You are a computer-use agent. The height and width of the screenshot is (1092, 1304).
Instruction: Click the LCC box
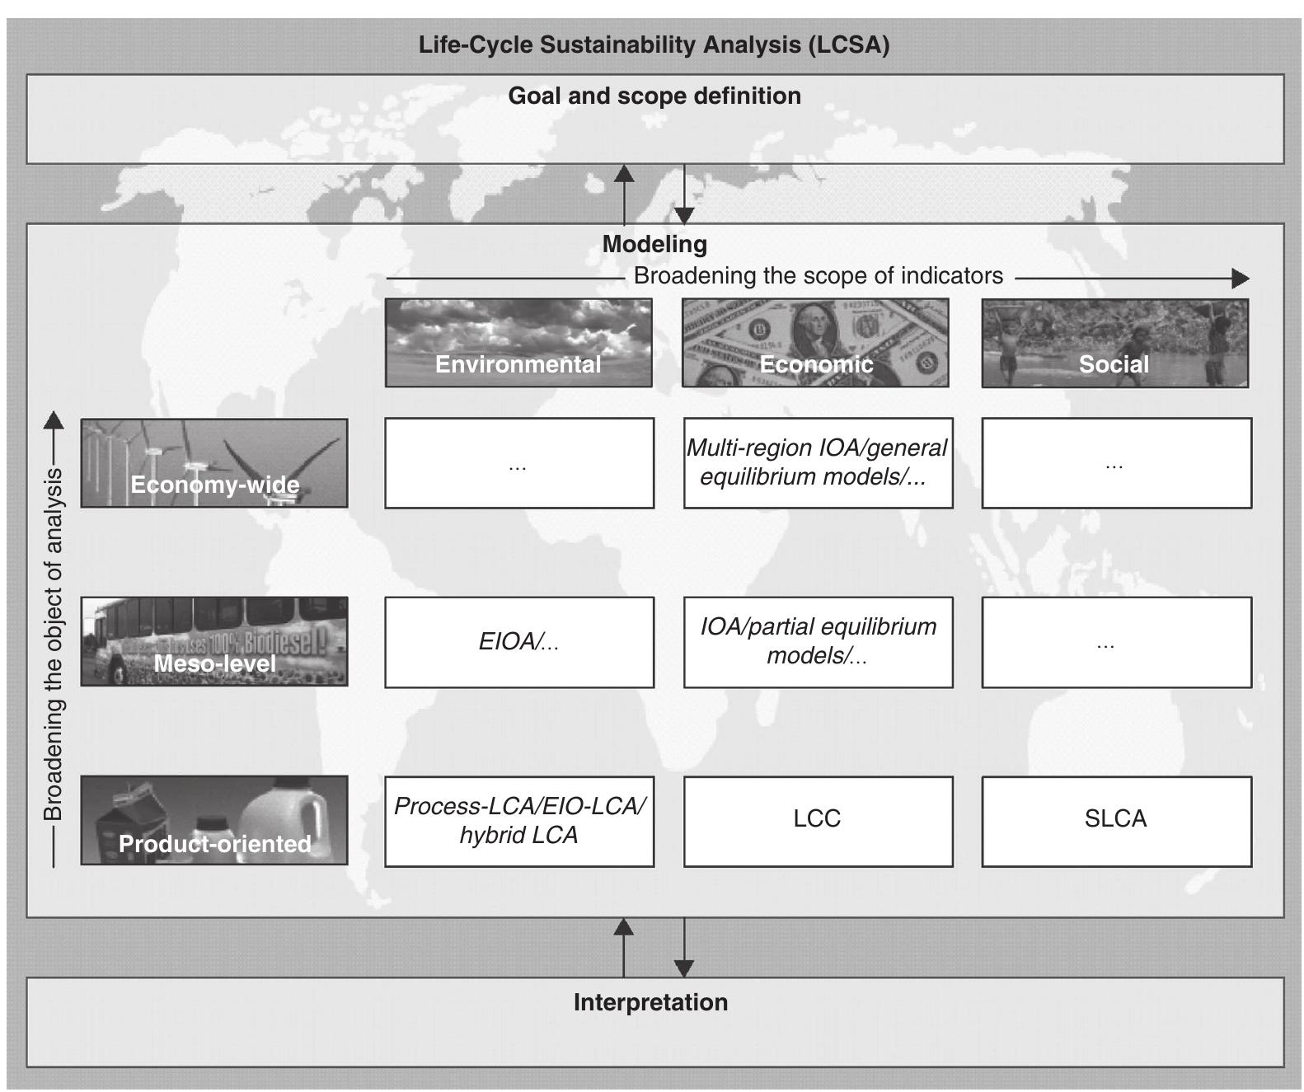coord(818,820)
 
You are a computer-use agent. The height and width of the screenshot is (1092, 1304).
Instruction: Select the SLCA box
coord(1116,820)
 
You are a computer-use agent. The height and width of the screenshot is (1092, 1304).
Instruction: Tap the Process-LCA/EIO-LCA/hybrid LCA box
coord(519,820)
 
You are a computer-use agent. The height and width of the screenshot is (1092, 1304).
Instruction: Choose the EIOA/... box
coord(519,642)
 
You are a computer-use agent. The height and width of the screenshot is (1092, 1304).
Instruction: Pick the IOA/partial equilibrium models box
coord(818,642)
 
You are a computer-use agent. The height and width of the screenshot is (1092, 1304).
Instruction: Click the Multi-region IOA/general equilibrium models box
coord(818,462)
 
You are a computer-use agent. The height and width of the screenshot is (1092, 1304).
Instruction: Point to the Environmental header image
coord(518,343)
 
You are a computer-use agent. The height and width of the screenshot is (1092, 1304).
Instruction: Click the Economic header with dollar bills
coord(815,343)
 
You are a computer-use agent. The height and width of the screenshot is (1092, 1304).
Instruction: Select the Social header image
coord(1114,343)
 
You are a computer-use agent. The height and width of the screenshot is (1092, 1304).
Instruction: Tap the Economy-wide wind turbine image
coord(214,462)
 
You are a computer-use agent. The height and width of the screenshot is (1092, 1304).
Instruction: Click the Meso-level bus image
coord(214,641)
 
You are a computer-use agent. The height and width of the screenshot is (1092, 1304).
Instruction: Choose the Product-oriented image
coord(214,820)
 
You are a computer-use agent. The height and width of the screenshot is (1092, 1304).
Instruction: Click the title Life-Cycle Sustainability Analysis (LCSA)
coord(654,45)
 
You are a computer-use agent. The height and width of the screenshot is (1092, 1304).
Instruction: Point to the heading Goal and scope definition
coord(654,96)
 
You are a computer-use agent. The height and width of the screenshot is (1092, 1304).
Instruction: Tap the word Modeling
coord(654,244)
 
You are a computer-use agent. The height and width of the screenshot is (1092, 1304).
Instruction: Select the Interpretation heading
coord(651,1002)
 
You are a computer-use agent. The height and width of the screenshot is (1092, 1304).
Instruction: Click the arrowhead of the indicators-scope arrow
coord(1241,279)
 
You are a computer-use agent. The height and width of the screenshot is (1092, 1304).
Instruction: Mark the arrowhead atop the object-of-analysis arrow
coord(54,419)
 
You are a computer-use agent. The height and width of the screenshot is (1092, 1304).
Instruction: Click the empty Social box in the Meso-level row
coord(1116,642)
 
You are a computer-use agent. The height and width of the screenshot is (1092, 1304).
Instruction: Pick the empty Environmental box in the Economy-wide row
coord(519,462)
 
